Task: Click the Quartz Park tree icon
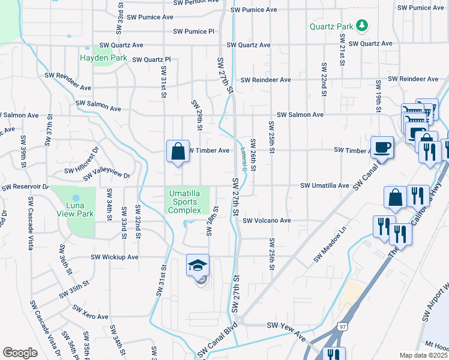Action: tap(361, 25)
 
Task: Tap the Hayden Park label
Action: tap(103, 58)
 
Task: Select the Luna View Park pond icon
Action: tap(76, 198)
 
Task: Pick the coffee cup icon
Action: tap(382, 146)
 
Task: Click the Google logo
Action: tap(20, 353)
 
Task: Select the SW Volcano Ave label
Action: tap(267, 221)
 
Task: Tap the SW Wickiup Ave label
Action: tap(114, 257)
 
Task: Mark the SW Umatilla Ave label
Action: tap(324, 186)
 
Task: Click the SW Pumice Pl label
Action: tap(193, 31)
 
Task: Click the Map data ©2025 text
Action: tap(423, 355)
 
